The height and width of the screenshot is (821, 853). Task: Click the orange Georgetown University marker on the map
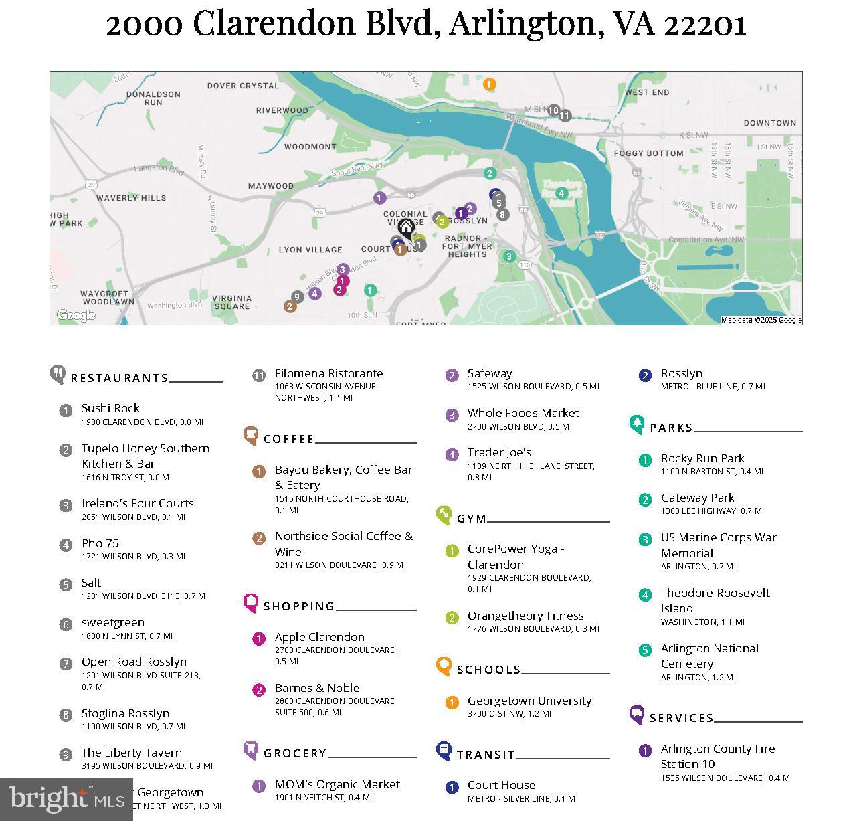tap(489, 84)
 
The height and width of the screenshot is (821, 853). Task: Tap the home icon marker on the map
tap(405, 229)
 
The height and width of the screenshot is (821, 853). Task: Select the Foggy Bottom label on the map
tap(648, 153)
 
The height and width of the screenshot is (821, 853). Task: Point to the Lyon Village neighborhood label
tap(310, 250)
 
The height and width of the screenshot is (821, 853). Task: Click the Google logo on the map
tap(76, 315)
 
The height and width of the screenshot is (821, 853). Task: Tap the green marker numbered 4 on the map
tap(561, 193)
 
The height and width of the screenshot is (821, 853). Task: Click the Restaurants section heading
tap(120, 378)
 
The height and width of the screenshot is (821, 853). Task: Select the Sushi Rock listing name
tap(110, 408)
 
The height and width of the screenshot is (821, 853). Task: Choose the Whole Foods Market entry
tap(523, 413)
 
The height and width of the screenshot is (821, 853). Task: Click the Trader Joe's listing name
tap(499, 452)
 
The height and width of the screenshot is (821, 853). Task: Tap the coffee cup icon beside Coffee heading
tap(251, 436)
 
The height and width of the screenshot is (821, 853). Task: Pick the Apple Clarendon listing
tap(320, 637)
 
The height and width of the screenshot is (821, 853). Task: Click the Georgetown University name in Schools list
tap(529, 701)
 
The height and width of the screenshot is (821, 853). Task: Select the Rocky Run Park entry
tap(702, 458)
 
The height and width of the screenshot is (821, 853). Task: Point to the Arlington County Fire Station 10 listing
tap(717, 756)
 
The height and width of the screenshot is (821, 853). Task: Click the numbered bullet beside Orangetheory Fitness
tap(452, 618)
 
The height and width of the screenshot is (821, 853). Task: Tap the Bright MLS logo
tap(67, 798)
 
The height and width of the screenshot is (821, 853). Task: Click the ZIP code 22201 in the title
tap(705, 24)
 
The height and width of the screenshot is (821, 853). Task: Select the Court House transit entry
tap(501, 785)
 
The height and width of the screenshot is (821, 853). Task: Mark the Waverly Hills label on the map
tap(131, 198)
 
